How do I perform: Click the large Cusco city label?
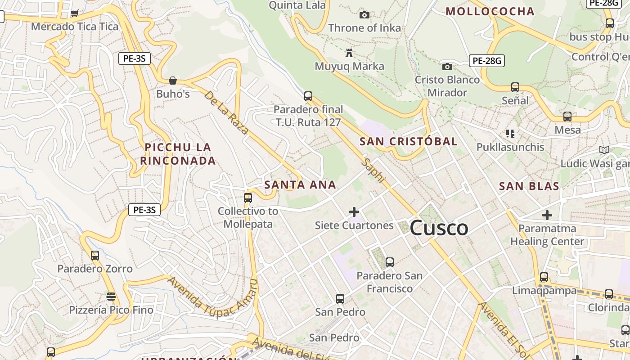tap(439, 228)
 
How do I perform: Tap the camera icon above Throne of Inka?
tap(364, 15)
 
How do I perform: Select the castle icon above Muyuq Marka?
tap(349, 53)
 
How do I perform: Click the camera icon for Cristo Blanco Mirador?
tap(447, 67)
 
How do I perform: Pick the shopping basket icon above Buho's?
tap(173, 81)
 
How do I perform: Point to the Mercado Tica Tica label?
tap(75, 27)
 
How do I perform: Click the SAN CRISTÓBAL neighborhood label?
tap(408, 141)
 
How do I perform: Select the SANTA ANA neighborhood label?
tap(300, 184)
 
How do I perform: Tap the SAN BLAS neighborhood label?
tap(529, 186)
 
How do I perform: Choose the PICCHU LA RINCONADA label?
tap(178, 154)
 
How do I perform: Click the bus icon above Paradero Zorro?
tap(95, 256)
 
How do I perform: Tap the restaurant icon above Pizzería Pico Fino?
tap(111, 297)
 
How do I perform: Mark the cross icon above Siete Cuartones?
tap(354, 211)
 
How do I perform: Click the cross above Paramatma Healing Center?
tap(547, 215)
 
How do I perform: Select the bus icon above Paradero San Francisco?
tap(390, 262)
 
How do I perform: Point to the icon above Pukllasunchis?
tap(510, 133)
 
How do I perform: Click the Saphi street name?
tap(374, 171)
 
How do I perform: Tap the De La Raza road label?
tap(226, 112)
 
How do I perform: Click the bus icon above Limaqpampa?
tap(544, 277)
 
